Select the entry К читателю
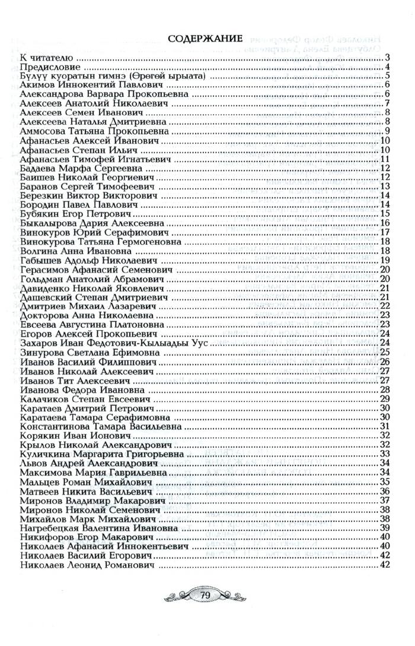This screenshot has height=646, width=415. tap(46, 58)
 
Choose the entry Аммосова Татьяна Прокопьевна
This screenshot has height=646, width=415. tap(94, 131)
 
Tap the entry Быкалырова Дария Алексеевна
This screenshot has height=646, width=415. tap(92, 223)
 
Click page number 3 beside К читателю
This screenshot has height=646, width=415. tap(386, 58)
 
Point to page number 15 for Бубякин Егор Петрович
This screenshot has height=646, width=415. tap(384, 214)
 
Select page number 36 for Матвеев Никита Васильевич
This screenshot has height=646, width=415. tap(384, 491)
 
